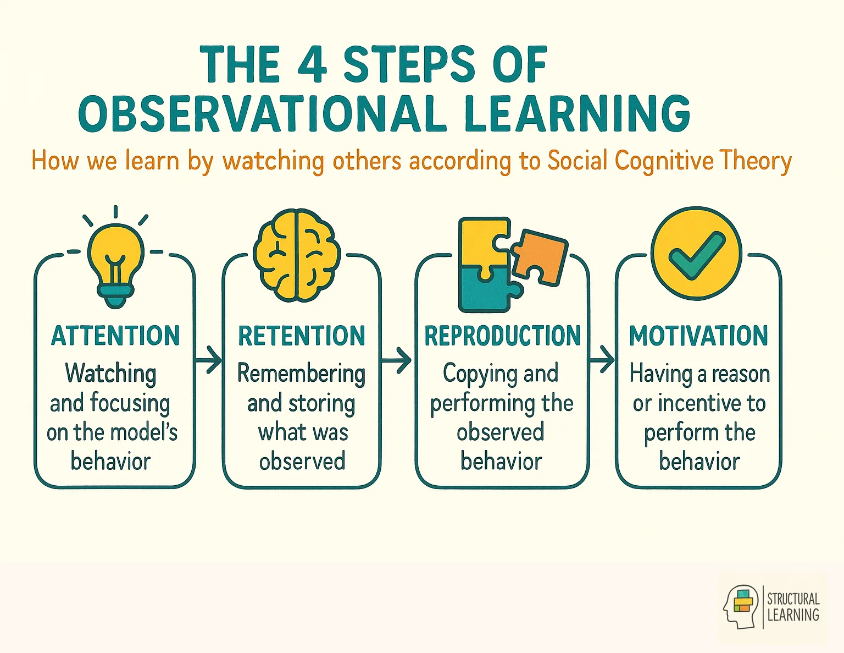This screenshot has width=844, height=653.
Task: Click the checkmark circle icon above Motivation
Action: (696, 254)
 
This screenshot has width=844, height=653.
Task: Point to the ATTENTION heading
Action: (115, 336)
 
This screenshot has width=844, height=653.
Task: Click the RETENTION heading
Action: (302, 336)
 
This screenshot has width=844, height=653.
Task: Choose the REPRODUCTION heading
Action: (502, 336)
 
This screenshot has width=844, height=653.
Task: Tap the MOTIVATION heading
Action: (698, 336)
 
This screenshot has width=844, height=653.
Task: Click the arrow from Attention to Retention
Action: (209, 361)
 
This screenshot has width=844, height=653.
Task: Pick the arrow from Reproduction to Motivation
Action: (602, 361)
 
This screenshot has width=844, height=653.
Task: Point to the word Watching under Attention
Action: (110, 374)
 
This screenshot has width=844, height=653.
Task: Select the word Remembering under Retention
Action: (301, 374)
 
